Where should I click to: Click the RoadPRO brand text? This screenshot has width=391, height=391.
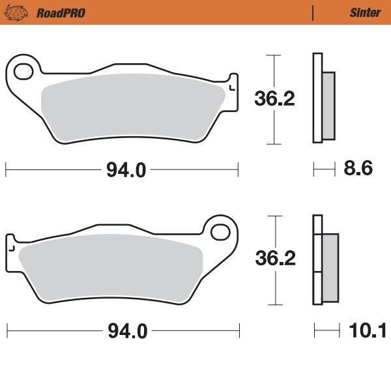61,12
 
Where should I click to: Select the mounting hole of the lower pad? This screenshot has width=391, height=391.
222,232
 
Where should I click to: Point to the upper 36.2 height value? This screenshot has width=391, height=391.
274,99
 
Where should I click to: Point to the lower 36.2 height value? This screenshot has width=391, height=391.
274,259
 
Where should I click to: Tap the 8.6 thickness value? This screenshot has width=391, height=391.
358,169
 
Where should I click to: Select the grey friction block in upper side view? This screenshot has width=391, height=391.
328,106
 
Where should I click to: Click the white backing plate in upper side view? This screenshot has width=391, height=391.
317,98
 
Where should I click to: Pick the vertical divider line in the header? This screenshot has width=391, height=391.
314,12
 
